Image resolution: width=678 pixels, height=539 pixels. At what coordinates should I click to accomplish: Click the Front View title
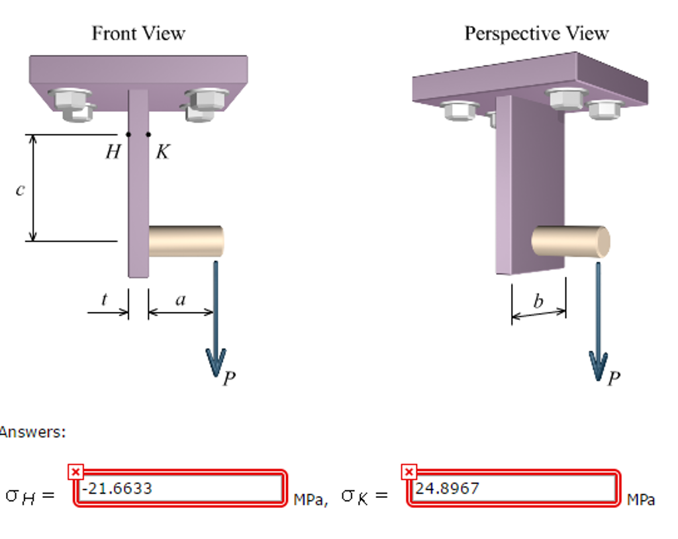pyautogui.click(x=138, y=33)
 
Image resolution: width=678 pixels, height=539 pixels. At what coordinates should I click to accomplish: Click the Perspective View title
pyautogui.click(x=536, y=33)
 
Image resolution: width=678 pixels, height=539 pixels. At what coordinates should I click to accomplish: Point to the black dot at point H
pyautogui.click(x=128, y=134)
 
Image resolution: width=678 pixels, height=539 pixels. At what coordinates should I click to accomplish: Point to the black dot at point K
pyautogui.click(x=148, y=134)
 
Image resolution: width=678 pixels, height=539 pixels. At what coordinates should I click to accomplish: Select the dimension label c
pyautogui.click(x=20, y=190)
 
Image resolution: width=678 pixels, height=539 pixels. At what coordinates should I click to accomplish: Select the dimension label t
pyautogui.click(x=104, y=299)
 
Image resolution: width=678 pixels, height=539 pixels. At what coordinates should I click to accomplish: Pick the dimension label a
pyautogui.click(x=180, y=299)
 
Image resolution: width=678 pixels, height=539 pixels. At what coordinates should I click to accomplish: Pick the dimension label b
pyautogui.click(x=538, y=301)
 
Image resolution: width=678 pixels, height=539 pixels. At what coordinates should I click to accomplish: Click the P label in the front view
pyautogui.click(x=229, y=379)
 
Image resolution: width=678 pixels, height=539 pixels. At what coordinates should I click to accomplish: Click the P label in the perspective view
pyautogui.click(x=614, y=379)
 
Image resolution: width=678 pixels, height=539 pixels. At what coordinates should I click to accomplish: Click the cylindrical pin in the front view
pyautogui.click(x=185, y=241)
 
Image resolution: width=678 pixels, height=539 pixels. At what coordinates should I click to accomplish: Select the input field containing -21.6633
pyautogui.click(x=179, y=489)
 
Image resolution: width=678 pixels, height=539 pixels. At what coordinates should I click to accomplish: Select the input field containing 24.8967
pyautogui.click(x=513, y=489)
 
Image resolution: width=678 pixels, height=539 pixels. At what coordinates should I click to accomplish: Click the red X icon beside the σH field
pyautogui.click(x=76, y=471)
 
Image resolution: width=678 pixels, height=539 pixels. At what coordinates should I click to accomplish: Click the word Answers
pyautogui.click(x=33, y=432)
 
